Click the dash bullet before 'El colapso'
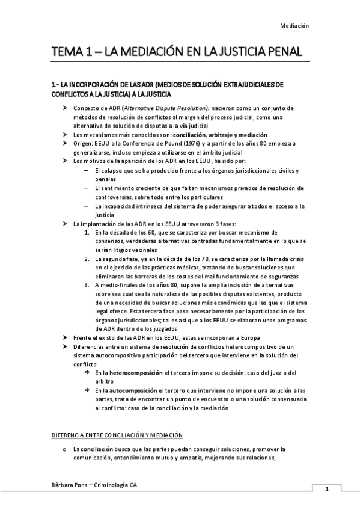tap(88, 171)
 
